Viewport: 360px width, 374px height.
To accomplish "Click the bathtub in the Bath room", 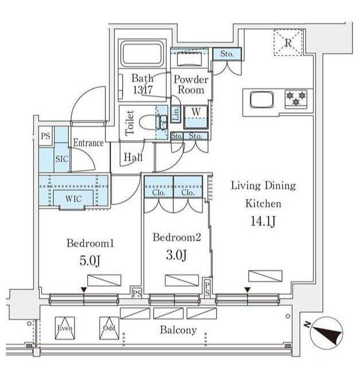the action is [x=143, y=54].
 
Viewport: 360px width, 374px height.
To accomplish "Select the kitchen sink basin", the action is [x=261, y=100].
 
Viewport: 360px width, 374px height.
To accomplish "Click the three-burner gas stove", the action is [x=296, y=99].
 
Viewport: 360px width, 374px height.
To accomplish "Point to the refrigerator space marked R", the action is [x=288, y=43].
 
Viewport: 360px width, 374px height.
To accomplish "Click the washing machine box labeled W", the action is [x=196, y=117].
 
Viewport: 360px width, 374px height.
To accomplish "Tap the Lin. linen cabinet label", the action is [x=176, y=114].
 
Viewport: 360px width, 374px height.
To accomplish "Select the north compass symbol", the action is [x=326, y=333].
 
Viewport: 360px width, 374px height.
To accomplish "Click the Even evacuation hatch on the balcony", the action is [x=65, y=328].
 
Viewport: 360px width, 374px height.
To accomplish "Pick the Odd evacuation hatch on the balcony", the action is [x=109, y=328].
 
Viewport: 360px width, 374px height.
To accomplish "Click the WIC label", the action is [x=73, y=199].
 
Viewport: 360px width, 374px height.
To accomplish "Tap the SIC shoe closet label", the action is [x=62, y=159].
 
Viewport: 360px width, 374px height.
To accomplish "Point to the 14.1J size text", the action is [x=263, y=221].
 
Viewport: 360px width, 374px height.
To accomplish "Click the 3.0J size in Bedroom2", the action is [x=176, y=255].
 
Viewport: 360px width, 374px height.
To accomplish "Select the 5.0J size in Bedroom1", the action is [x=90, y=261].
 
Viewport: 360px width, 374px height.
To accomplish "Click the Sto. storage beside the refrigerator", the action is [x=227, y=54].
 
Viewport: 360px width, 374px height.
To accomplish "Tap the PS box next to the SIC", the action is [x=46, y=136].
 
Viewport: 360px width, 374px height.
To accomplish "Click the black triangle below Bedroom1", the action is [x=84, y=290].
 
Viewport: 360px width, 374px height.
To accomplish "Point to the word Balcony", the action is [x=178, y=330].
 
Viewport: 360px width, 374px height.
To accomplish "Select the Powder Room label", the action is [x=191, y=85].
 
